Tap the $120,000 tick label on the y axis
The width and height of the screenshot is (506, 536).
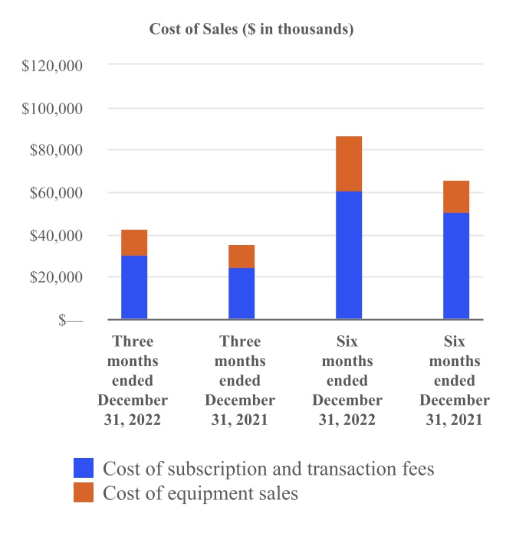(x=53, y=67)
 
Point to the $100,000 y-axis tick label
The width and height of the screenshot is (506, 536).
(x=53, y=109)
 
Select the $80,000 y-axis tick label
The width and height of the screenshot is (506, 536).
(x=56, y=151)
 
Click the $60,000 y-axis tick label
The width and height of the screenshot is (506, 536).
(x=56, y=193)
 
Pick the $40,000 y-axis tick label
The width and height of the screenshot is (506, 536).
(x=56, y=235)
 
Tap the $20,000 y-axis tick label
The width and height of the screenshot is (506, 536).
(x=56, y=277)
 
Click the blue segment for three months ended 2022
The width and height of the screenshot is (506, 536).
(x=134, y=287)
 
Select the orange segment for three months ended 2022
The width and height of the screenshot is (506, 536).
(x=134, y=243)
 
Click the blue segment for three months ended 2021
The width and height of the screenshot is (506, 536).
(x=242, y=293)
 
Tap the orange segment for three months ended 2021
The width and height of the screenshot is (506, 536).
(x=242, y=257)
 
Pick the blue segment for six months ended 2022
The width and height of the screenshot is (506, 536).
(x=349, y=255)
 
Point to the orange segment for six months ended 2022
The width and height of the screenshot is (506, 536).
(x=349, y=164)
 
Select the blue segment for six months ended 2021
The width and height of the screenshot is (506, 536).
(x=456, y=266)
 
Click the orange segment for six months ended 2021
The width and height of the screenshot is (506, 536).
(x=456, y=197)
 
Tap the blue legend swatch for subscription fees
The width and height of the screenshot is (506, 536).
(x=84, y=468)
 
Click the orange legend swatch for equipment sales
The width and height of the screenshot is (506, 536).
(x=84, y=493)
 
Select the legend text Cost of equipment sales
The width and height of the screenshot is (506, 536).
(x=200, y=493)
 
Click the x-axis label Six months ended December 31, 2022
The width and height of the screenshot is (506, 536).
(x=347, y=381)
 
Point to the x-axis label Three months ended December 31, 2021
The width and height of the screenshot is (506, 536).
(x=240, y=381)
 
